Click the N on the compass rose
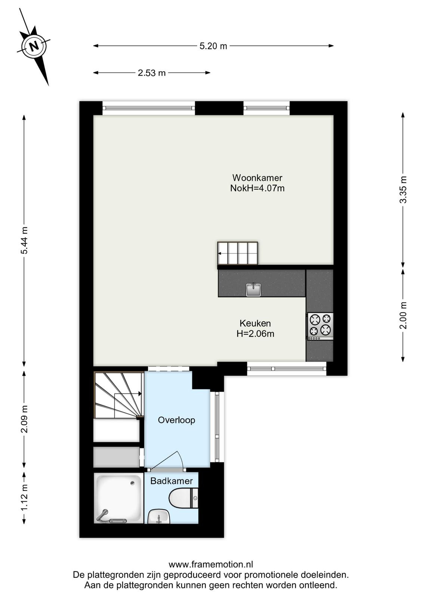(34, 46)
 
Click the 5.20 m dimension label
(213, 46)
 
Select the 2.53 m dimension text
(152, 73)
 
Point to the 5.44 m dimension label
(25, 240)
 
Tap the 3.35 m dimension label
(403, 189)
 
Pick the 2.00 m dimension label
(403, 315)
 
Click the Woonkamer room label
(257, 178)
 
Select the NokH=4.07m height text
(257, 188)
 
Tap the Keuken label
(255, 323)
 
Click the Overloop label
(176, 420)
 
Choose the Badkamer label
(172, 481)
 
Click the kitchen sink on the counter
(253, 289)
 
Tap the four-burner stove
(320, 326)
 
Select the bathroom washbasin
(158, 516)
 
